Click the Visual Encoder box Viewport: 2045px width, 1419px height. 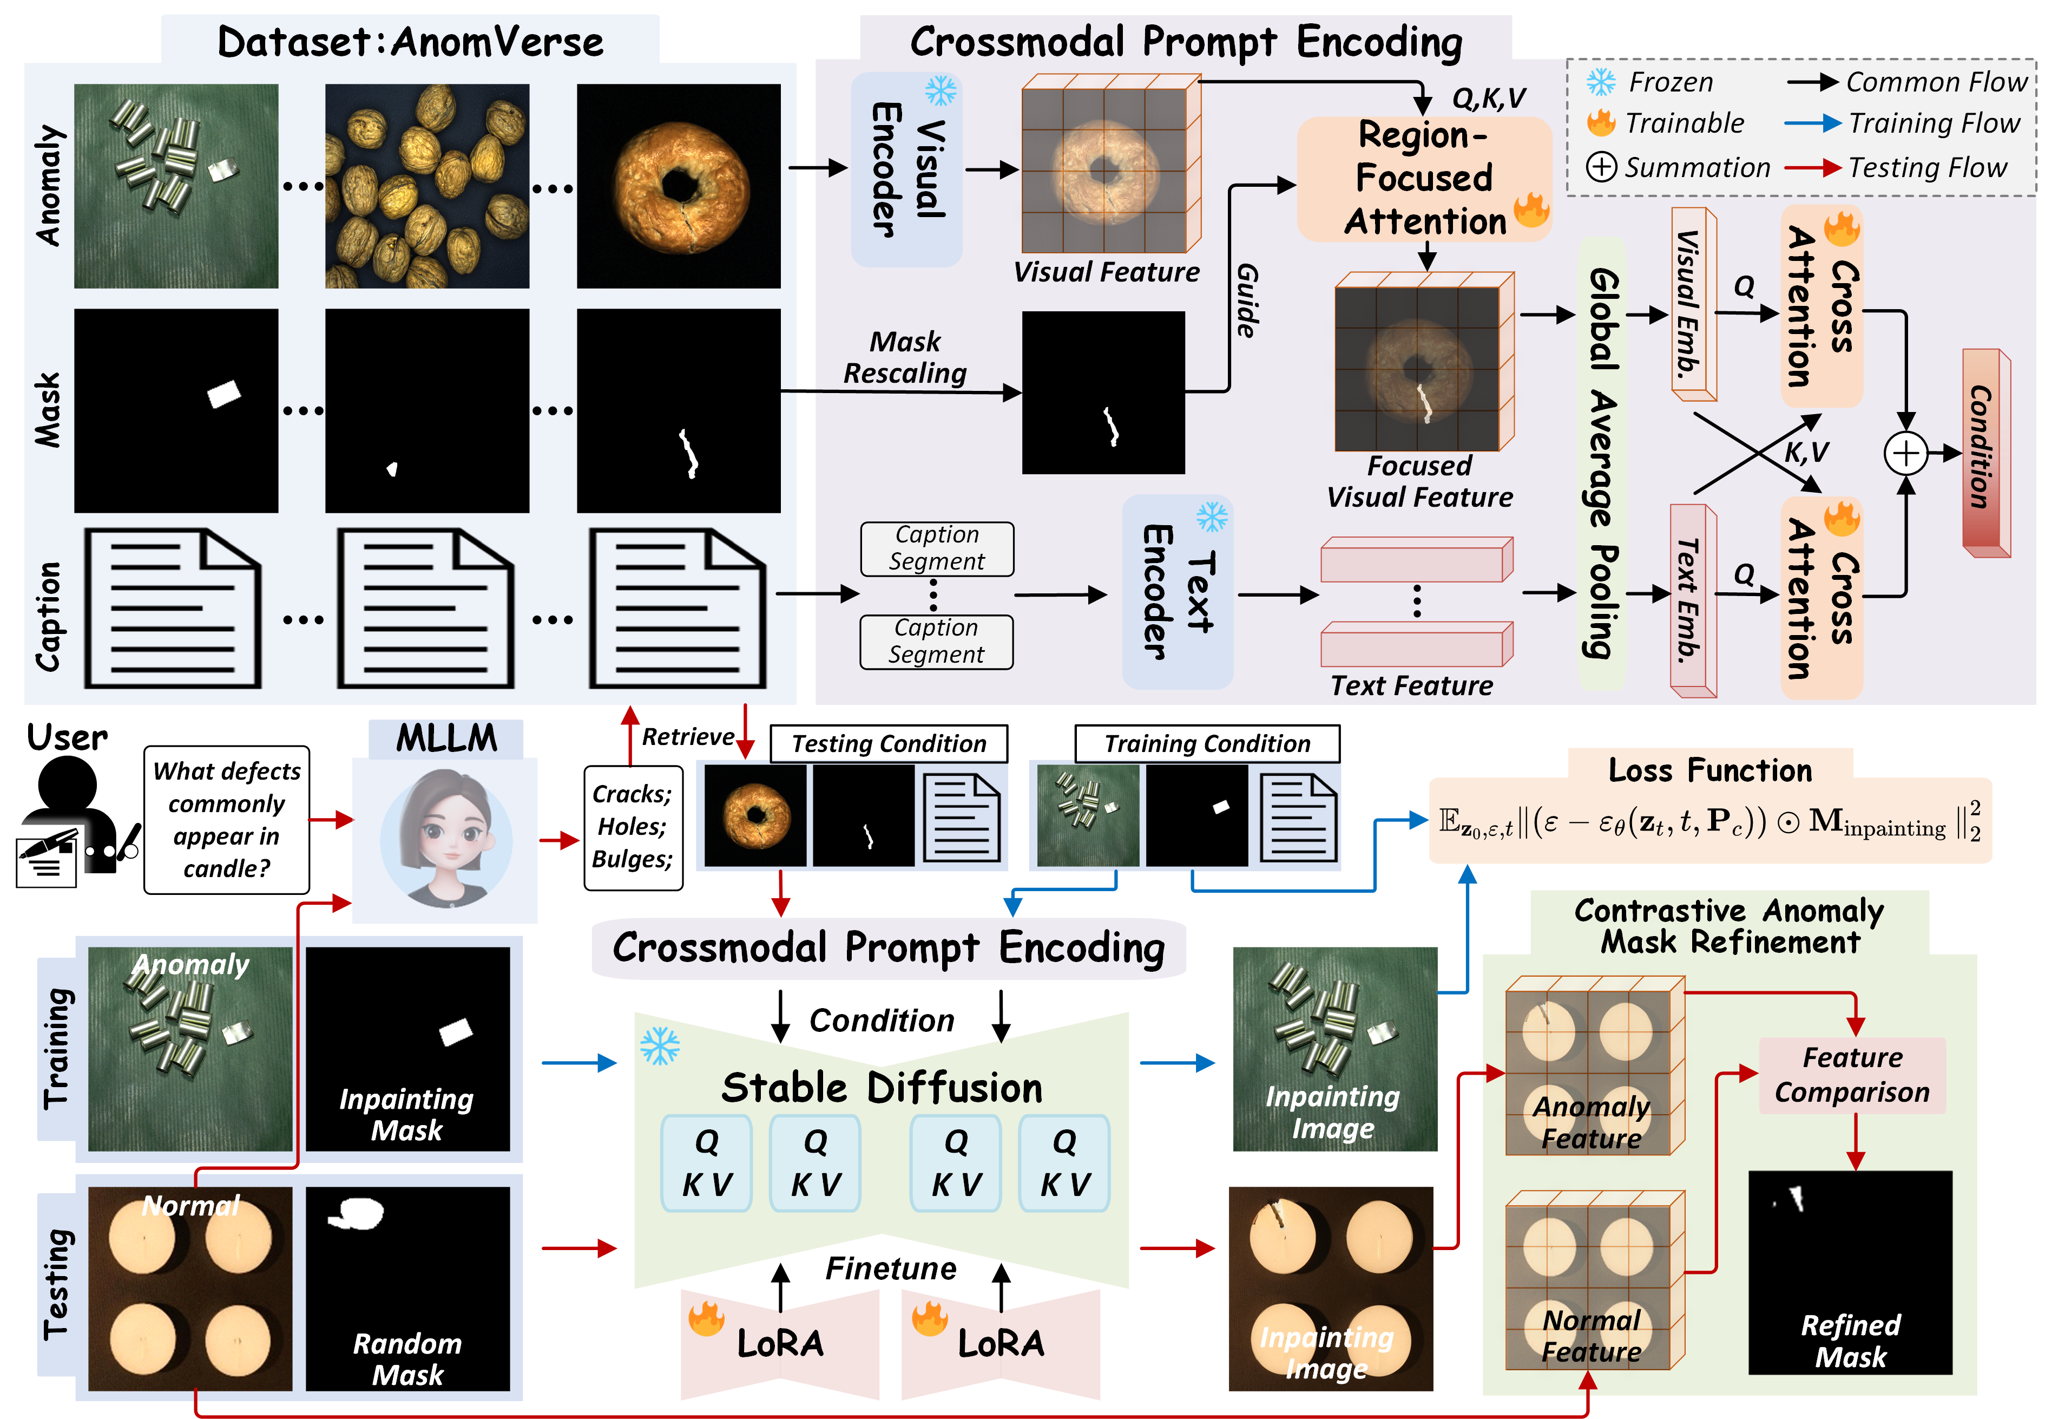(x=906, y=169)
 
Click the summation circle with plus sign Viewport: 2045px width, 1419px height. (x=1905, y=454)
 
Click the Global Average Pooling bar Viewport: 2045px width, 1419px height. (x=1601, y=462)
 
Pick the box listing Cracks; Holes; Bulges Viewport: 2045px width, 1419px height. (x=633, y=827)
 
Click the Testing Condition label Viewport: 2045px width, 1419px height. (x=888, y=743)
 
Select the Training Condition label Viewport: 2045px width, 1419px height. (x=1206, y=743)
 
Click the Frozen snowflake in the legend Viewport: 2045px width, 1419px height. (x=1601, y=82)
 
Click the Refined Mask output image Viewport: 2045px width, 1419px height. (x=1850, y=1271)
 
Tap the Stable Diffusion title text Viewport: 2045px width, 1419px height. (x=881, y=1087)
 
